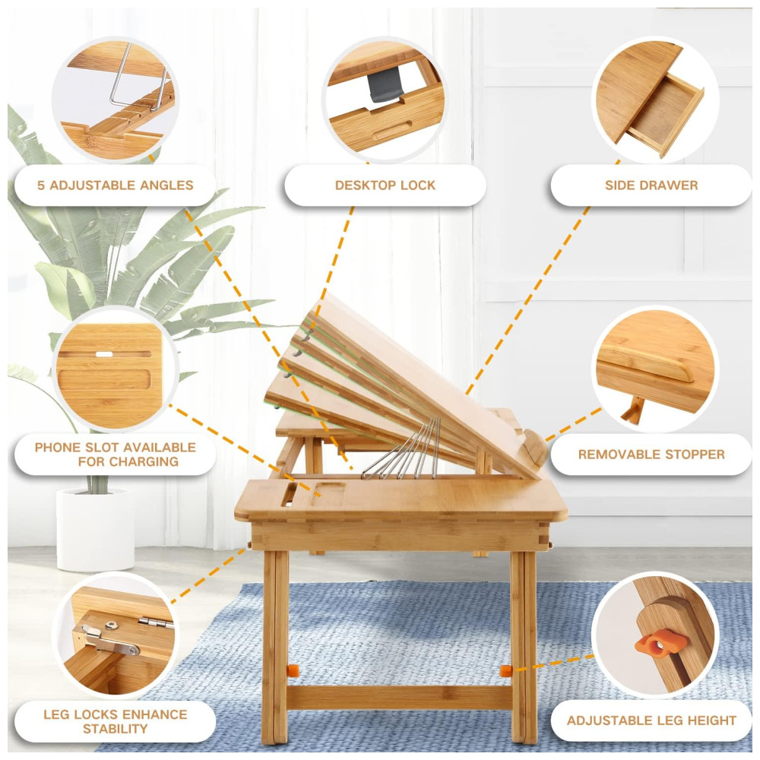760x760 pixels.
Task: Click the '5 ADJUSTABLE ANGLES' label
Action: (116, 185)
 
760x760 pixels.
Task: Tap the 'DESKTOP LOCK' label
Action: (385, 185)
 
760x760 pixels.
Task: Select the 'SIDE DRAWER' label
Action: (651, 185)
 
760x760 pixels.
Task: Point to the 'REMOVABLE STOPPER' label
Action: (651, 454)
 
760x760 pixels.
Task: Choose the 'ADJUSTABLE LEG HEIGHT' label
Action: (651, 720)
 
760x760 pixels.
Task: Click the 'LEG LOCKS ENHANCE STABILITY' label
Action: (116, 721)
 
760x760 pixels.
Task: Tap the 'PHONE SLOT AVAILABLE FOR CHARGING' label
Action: (116, 454)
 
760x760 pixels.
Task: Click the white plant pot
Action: (95, 529)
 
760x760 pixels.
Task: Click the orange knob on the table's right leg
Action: (505, 672)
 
